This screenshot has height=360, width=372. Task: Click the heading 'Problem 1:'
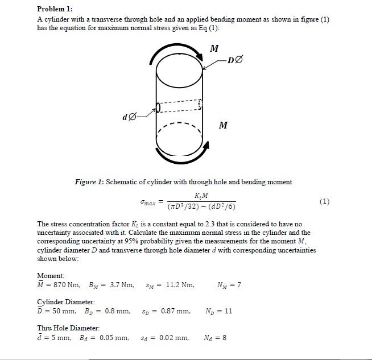pos(55,9)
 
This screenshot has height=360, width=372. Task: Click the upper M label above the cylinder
pos(214,48)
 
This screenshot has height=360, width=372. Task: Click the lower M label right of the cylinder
pos(223,125)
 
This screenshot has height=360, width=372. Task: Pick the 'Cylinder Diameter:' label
pos(66,301)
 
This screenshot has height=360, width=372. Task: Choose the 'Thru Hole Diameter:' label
pos(68,328)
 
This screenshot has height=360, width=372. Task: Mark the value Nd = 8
pos(215,338)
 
